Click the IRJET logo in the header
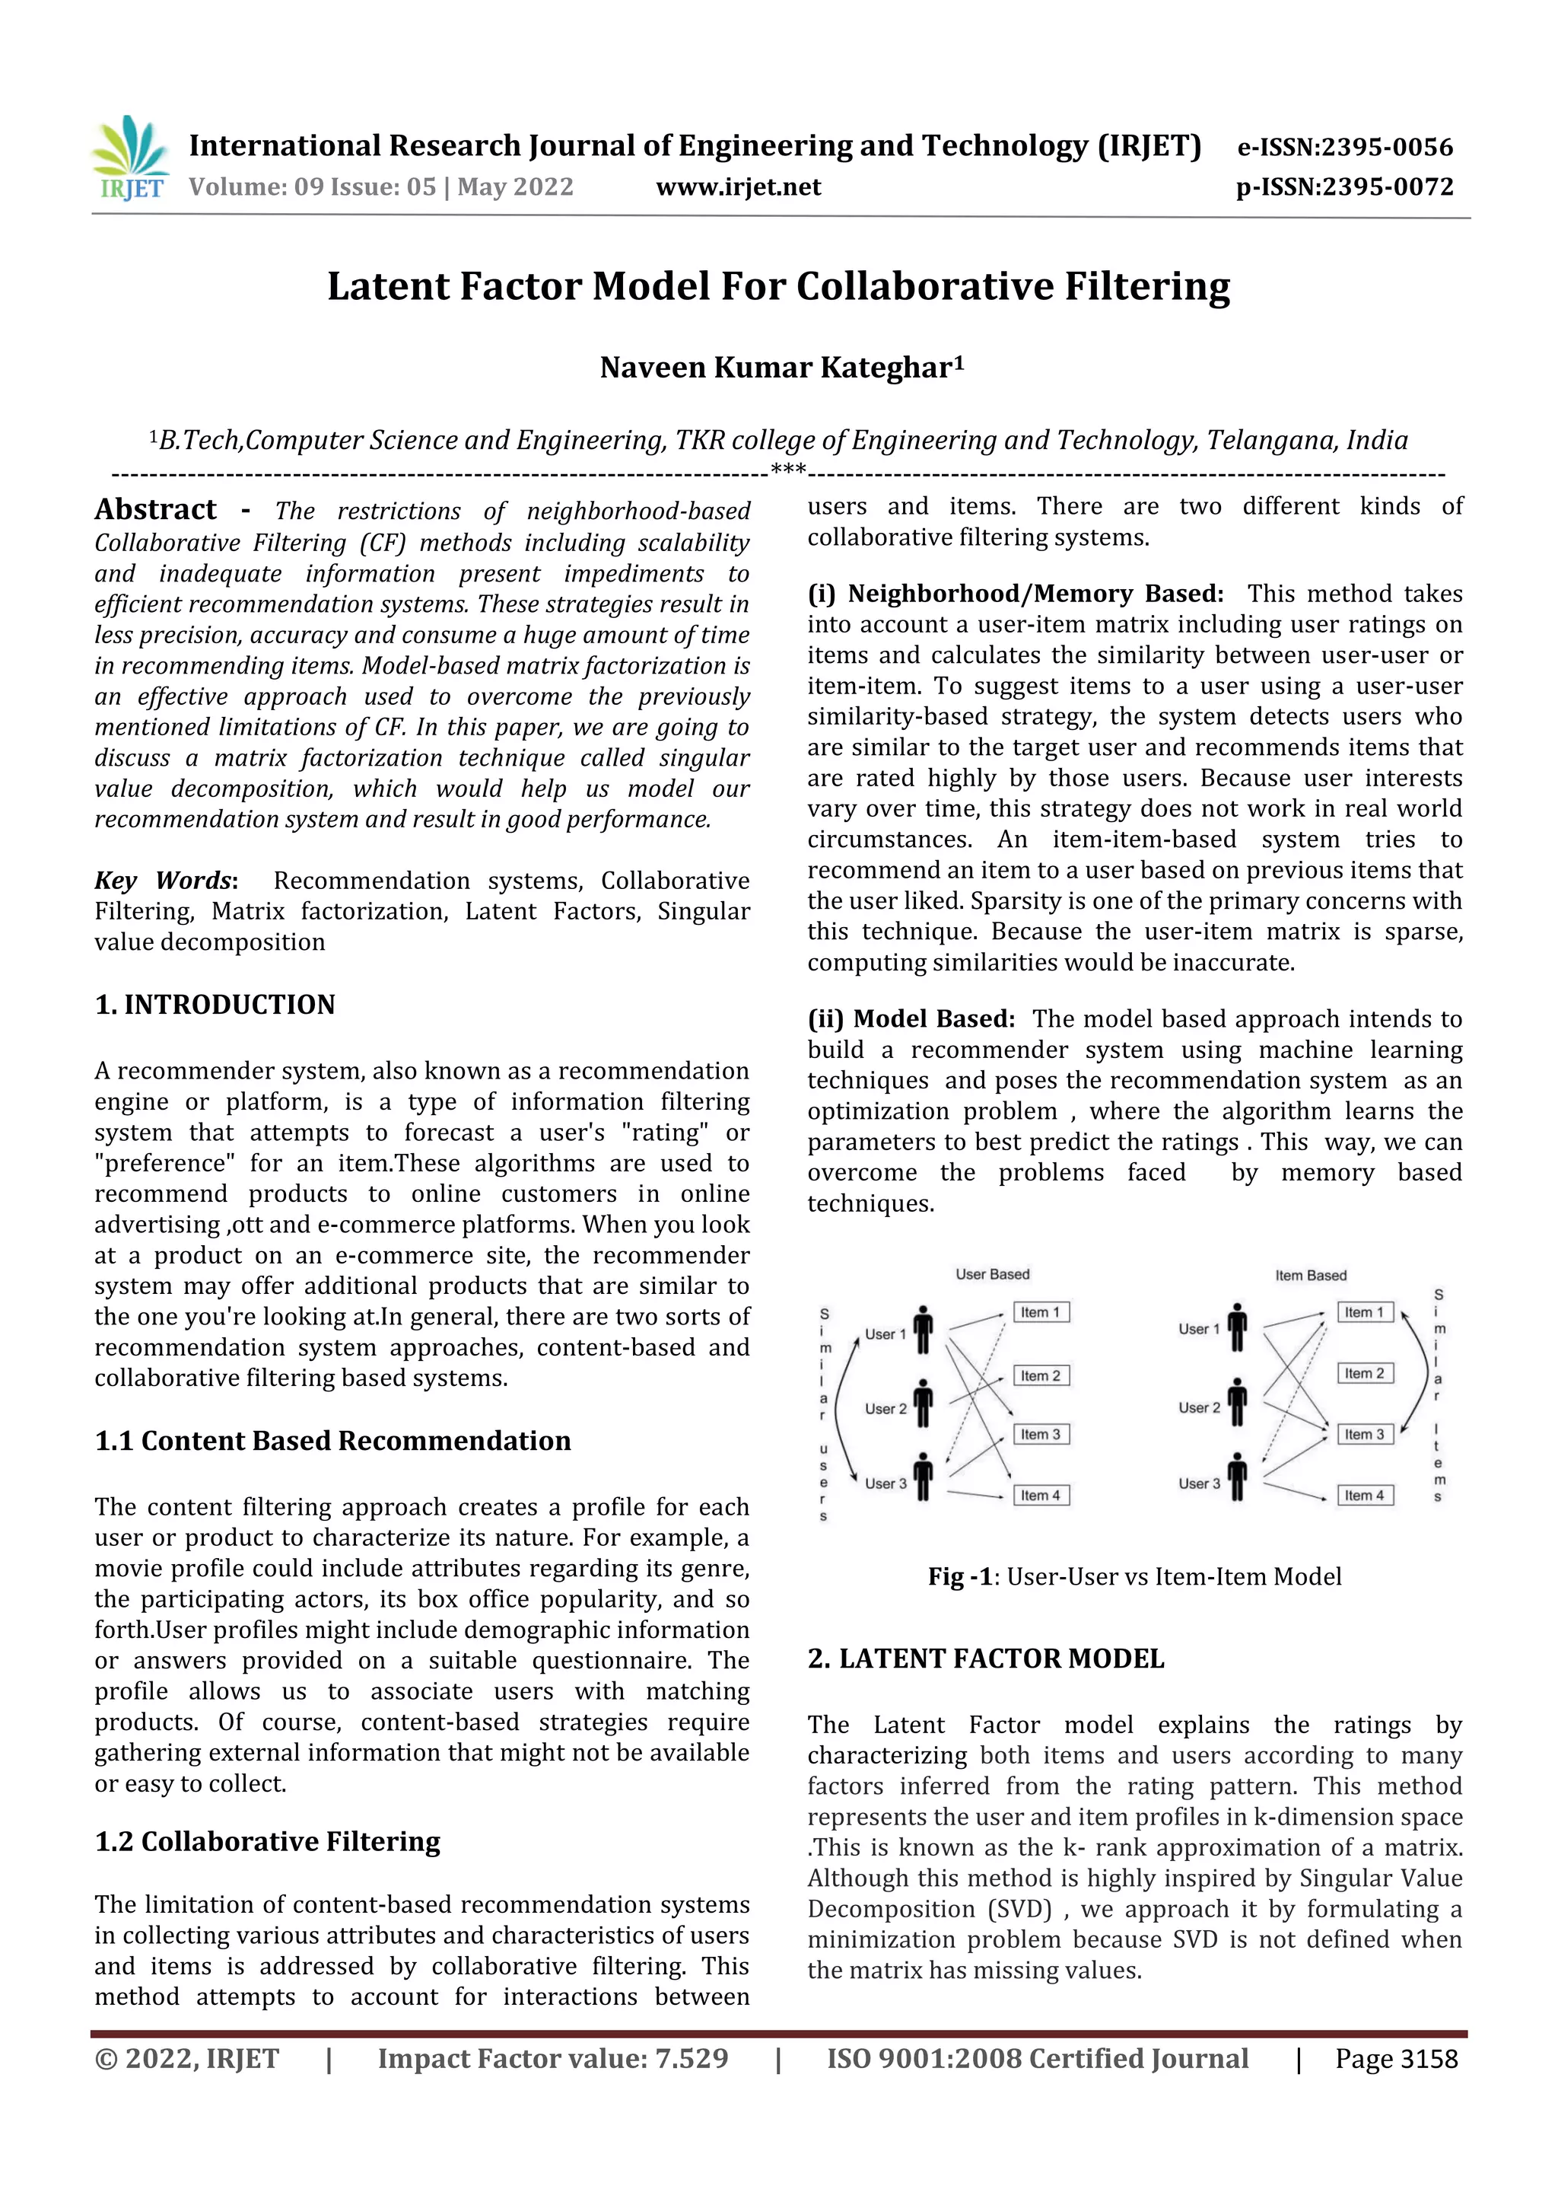tap(131, 159)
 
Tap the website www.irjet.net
tap(738, 187)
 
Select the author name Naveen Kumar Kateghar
tap(781, 368)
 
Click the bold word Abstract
tap(155, 509)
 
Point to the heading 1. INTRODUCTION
tap(215, 1005)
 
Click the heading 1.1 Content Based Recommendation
tap(332, 1441)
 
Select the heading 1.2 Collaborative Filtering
tap(267, 1841)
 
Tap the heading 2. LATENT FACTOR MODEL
tap(986, 1659)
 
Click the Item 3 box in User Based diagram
tap(1041, 1434)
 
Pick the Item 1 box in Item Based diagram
tap(1364, 1312)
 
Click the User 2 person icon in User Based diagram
tap(923, 1405)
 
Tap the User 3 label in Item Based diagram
tap(1199, 1483)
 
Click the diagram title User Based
tap(992, 1274)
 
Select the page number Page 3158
tap(1396, 2059)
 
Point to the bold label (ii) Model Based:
tap(911, 1019)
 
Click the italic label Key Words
tap(164, 881)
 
